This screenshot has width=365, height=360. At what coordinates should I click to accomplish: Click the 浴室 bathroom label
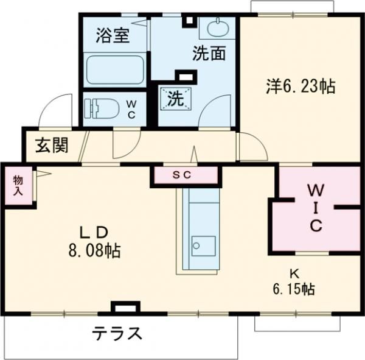[x=113, y=36]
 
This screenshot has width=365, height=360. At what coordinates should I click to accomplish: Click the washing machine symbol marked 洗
[x=175, y=98]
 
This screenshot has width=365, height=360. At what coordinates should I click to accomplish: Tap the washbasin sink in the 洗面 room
[x=216, y=28]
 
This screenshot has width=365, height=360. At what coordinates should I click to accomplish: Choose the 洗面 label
[x=209, y=54]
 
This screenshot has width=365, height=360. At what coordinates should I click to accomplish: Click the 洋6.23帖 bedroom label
[x=299, y=86]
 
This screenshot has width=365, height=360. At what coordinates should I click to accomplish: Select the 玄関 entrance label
[x=50, y=146]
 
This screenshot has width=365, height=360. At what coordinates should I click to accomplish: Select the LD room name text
[x=95, y=231]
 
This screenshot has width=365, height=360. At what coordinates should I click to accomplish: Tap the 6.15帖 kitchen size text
[x=293, y=289]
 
